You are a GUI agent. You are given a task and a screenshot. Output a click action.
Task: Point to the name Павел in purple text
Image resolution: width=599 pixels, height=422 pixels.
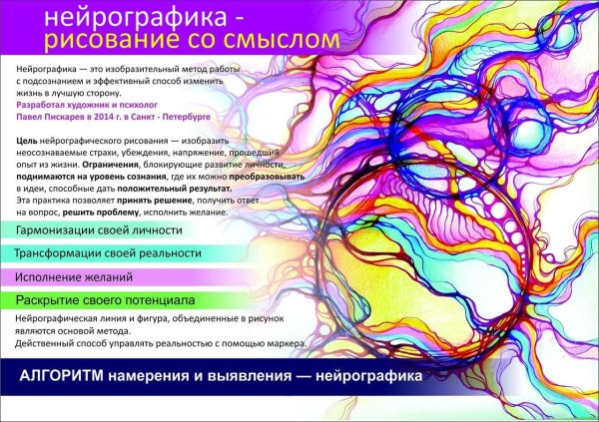point(31,115)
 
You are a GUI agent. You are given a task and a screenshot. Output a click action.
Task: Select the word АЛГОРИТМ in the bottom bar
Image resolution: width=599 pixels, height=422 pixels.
point(65,379)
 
